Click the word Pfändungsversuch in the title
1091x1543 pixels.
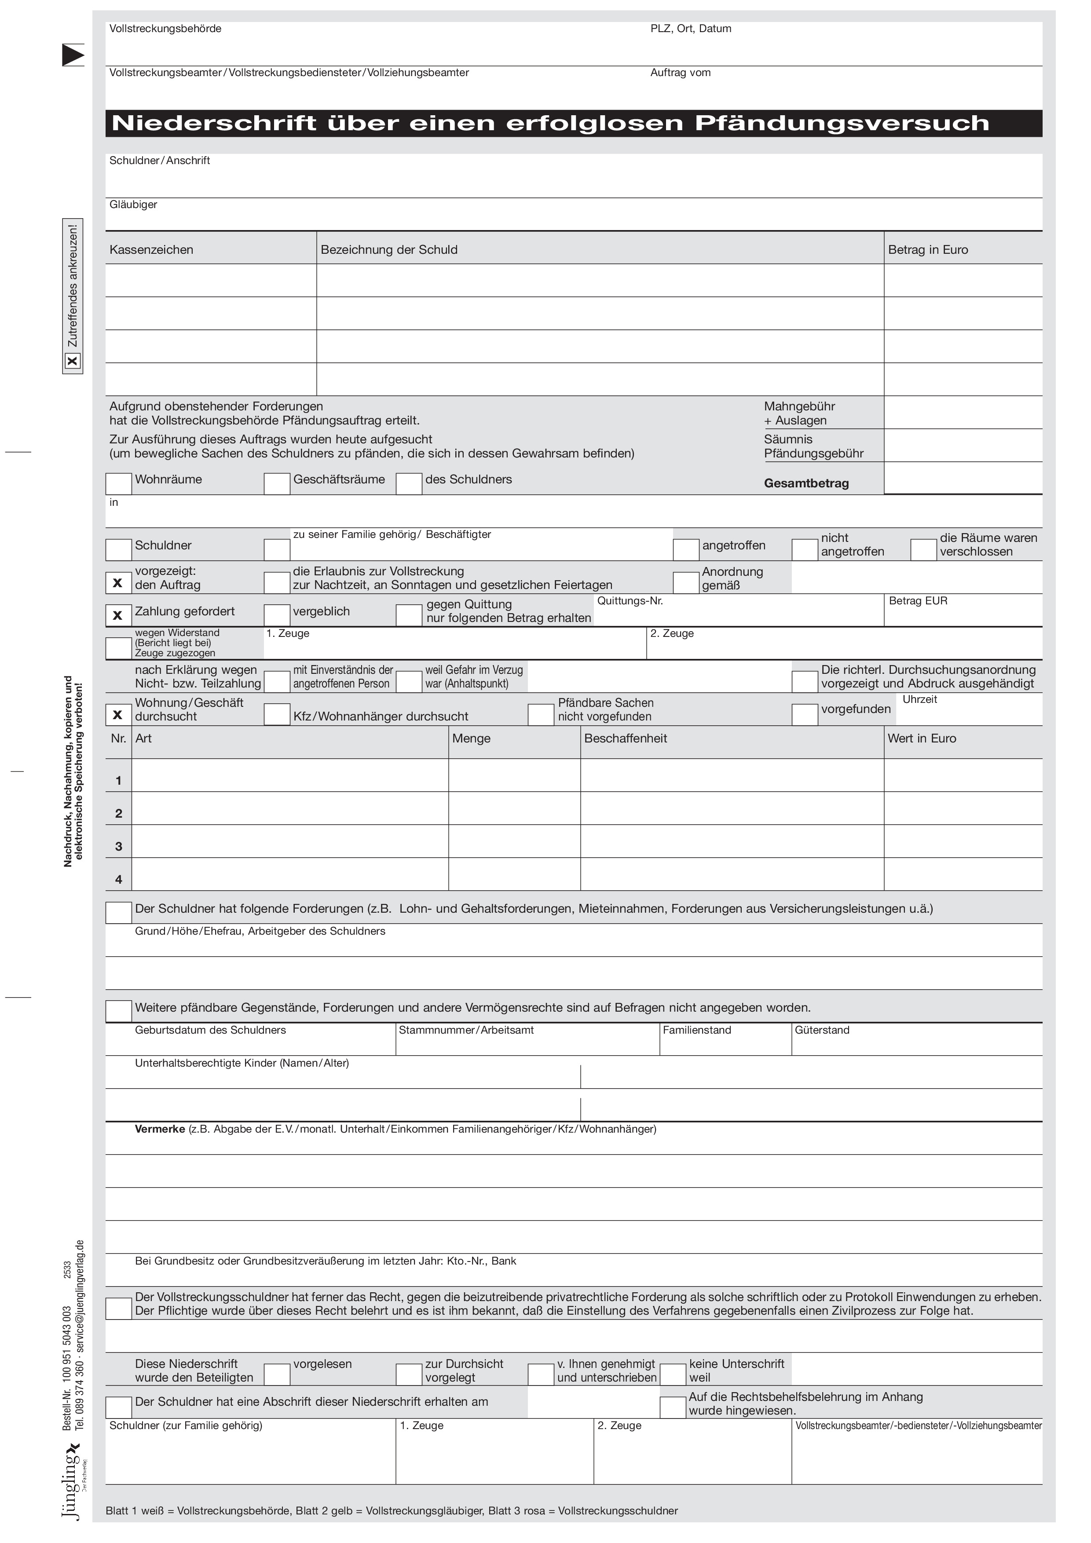pos(842,124)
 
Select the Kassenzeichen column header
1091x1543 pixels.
pos(151,250)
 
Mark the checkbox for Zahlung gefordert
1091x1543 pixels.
pos(118,616)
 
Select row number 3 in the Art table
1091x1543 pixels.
pos(119,847)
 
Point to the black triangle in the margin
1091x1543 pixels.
pos(73,55)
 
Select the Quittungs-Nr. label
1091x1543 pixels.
pos(630,601)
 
